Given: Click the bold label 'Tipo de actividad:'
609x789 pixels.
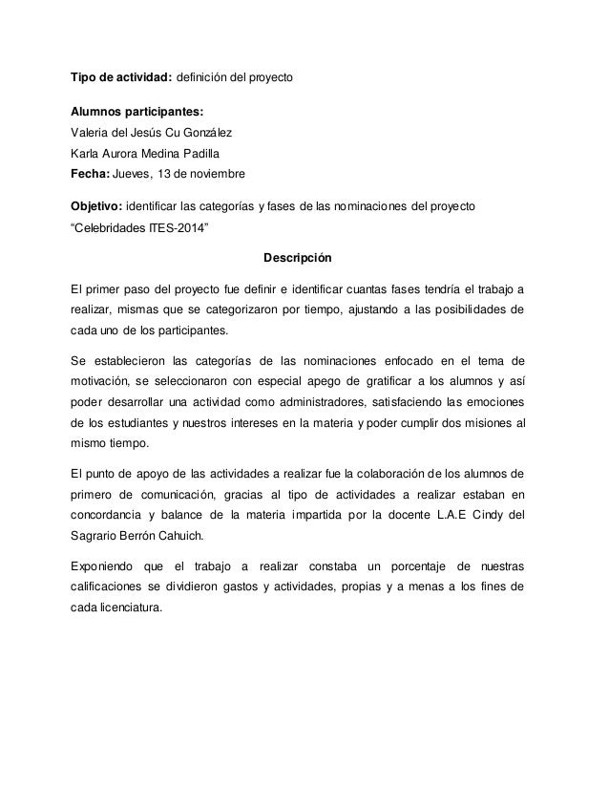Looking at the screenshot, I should point(122,75).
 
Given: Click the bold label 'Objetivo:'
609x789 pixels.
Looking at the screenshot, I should point(97,206).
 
